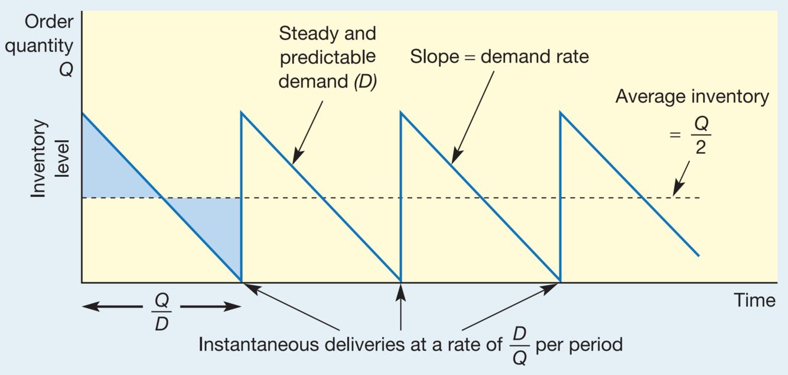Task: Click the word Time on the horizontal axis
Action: [x=754, y=300]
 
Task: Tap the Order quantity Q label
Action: [x=49, y=46]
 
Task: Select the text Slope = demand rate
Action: [x=499, y=57]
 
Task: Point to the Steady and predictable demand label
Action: [x=327, y=58]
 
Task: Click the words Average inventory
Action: [x=692, y=97]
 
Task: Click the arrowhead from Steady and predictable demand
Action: [x=297, y=157]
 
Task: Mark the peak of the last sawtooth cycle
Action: [x=561, y=112]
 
